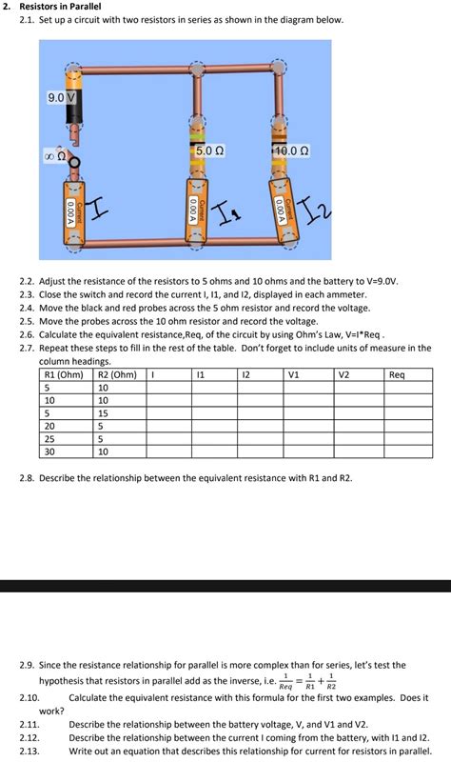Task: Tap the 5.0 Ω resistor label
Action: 209,151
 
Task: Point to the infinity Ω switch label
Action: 54,155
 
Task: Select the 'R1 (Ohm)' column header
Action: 64,375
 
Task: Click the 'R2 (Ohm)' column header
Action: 117,375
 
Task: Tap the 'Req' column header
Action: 398,375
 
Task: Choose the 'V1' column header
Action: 294,375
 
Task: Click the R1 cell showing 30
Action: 49,451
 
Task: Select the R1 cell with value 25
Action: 49,439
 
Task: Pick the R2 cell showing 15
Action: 104,413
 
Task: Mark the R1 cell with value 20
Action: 49,426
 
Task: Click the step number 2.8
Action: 28,476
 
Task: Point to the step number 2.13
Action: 30,751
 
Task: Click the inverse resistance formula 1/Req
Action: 285,683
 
